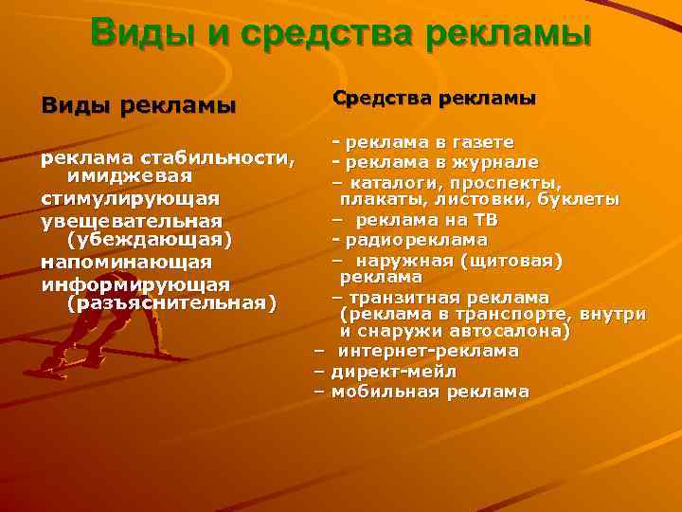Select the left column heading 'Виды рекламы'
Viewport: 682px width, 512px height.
pyautogui.click(x=138, y=104)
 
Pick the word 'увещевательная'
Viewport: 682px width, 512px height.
pyautogui.click(x=132, y=220)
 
